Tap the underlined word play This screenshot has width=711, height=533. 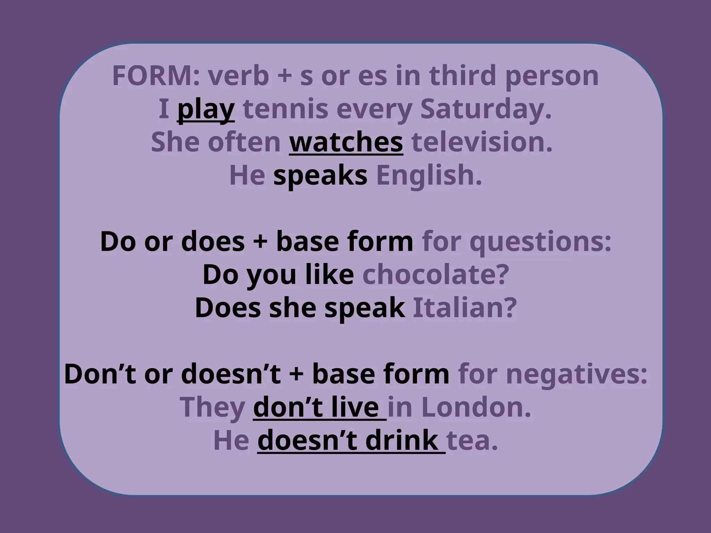point(206,110)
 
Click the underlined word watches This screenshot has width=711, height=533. point(346,142)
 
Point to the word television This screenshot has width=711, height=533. point(482,142)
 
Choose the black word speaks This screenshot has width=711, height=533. point(320,176)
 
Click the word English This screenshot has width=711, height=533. point(429,176)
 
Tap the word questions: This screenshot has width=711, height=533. point(540,242)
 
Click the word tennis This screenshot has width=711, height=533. point(285,109)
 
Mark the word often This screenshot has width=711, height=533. point(244,142)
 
